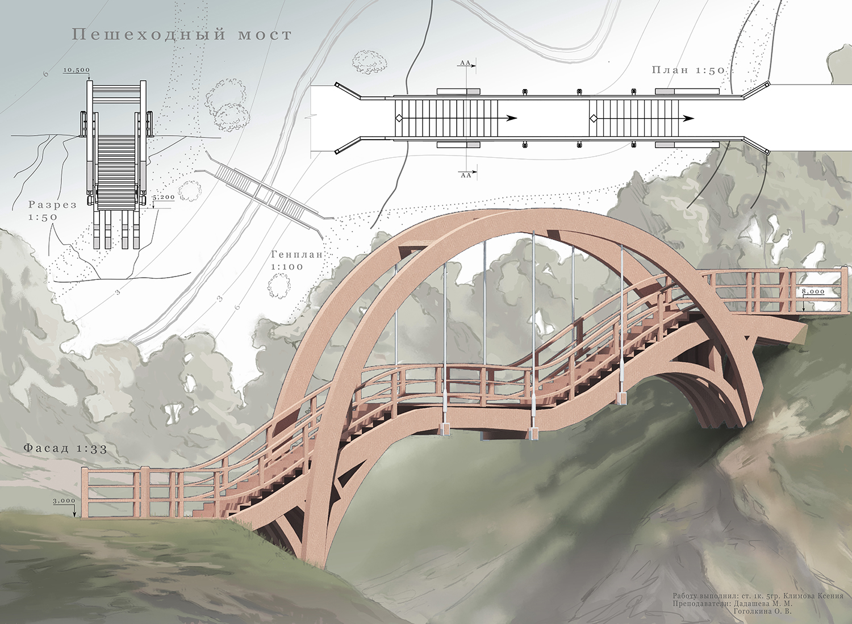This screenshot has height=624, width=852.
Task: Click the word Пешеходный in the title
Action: [x=149, y=35]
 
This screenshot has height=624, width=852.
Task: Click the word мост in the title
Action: [x=265, y=35]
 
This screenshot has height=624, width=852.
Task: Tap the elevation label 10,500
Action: [x=76, y=70]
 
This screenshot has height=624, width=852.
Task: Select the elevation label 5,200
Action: [x=164, y=198]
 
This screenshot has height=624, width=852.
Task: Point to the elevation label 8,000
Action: [x=813, y=291]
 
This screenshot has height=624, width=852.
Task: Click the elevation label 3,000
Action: [x=64, y=501]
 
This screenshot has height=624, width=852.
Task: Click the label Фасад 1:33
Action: [x=65, y=449]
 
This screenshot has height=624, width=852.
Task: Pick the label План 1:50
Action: [x=688, y=70]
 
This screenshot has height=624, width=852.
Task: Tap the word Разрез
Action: [x=52, y=205]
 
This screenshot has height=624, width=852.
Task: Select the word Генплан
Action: [x=296, y=255]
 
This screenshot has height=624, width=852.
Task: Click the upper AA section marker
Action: [x=466, y=64]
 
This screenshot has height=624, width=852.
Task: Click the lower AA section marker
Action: [x=466, y=175]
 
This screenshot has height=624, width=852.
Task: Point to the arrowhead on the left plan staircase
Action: [x=512, y=118]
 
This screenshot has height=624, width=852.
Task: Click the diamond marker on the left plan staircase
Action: [x=399, y=118]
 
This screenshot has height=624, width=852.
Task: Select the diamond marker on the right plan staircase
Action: [x=594, y=118]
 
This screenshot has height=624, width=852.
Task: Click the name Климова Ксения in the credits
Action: [x=813, y=596]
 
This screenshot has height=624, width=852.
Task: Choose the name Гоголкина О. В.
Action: [x=762, y=612]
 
